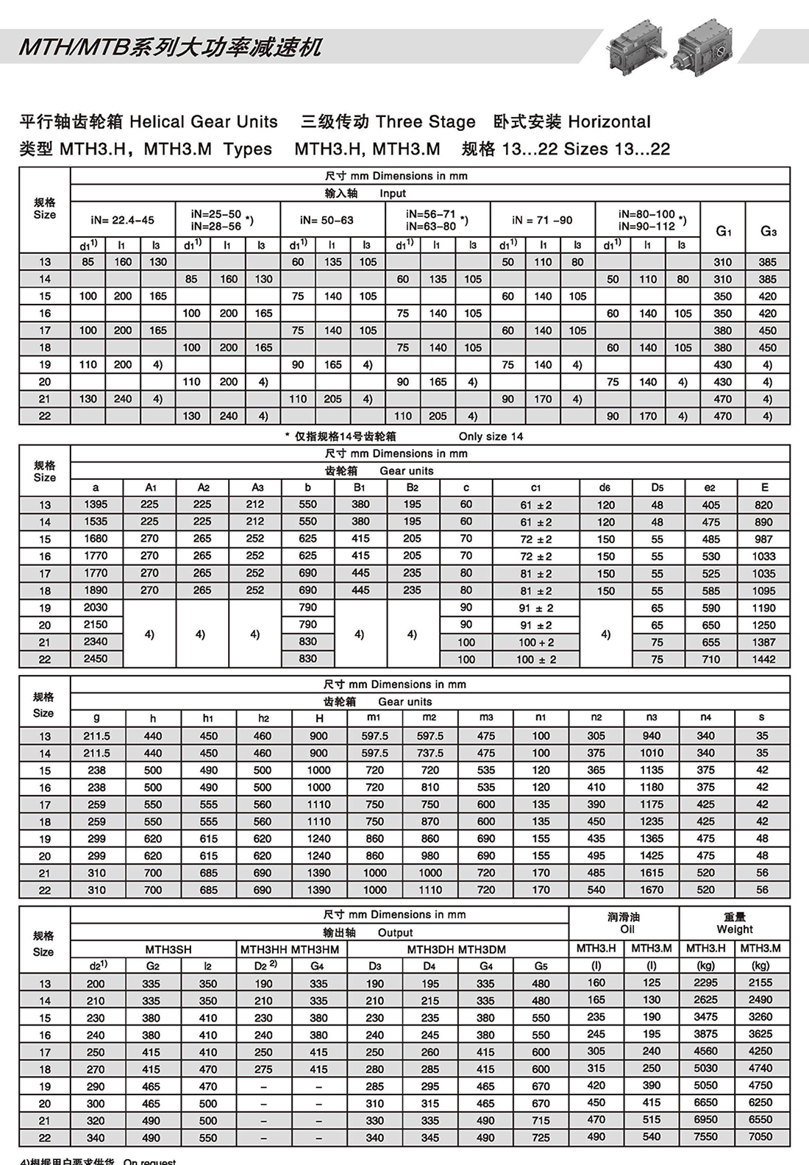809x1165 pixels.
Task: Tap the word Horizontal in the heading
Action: click(x=610, y=121)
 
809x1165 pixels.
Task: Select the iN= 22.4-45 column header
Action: click(x=123, y=220)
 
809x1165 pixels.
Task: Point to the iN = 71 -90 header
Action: click(x=542, y=220)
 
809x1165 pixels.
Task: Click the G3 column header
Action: click(x=768, y=231)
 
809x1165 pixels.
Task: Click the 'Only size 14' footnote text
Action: click(x=491, y=436)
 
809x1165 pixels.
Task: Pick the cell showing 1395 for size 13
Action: click(x=96, y=505)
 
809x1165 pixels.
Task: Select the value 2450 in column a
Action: click(x=96, y=659)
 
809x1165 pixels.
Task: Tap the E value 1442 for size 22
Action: click(x=763, y=659)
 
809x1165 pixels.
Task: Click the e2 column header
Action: click(x=710, y=487)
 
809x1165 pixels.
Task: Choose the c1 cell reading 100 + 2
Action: click(x=536, y=642)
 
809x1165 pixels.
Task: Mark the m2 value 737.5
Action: click(x=430, y=753)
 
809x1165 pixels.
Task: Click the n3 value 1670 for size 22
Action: click(x=652, y=890)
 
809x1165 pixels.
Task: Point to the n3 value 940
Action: click(x=652, y=736)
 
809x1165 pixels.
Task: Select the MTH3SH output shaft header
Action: click(x=168, y=949)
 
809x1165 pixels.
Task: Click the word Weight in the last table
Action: click(x=734, y=929)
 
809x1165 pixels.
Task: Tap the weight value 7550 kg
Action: click(x=705, y=1137)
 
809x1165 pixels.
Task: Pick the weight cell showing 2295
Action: click(x=705, y=983)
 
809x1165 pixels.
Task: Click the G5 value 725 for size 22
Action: click(x=541, y=1138)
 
